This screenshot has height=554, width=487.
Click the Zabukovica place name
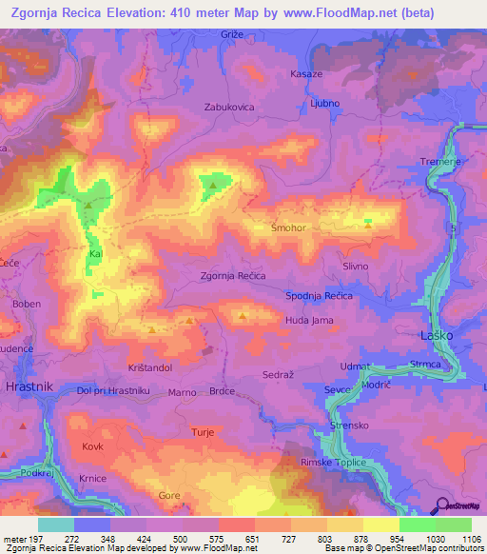click(x=229, y=108)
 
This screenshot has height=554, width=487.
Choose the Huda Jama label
click(x=309, y=321)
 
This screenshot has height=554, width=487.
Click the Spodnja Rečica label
click(x=320, y=297)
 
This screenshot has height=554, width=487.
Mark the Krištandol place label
click(x=147, y=366)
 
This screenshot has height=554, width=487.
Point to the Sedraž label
click(x=278, y=376)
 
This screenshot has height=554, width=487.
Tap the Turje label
click(x=203, y=432)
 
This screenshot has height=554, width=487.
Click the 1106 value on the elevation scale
click(x=471, y=539)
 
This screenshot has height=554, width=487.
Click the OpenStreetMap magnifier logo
click(x=442, y=505)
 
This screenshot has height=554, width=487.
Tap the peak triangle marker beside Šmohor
click(x=369, y=225)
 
